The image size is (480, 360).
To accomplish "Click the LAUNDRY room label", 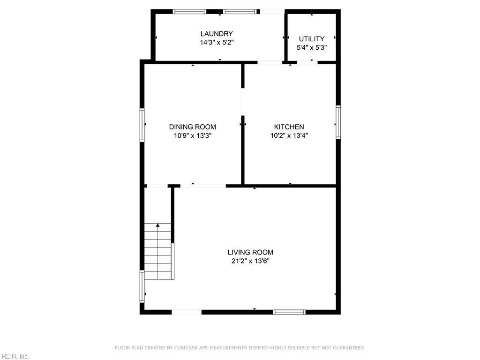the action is [x=217, y=34].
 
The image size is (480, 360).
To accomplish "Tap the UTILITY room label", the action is [x=312, y=39].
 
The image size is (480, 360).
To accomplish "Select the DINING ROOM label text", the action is [x=193, y=127].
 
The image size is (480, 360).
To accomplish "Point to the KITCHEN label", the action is [x=289, y=127].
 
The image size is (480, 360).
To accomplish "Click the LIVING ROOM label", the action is [x=250, y=252].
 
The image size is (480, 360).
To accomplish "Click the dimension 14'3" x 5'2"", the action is [x=217, y=43].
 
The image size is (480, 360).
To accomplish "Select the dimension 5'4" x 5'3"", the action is [x=312, y=48].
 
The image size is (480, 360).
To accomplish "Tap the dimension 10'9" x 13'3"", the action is [x=193, y=135].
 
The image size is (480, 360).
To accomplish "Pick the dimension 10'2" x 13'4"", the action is [x=289, y=135].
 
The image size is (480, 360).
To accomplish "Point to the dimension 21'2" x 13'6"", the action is [x=250, y=261].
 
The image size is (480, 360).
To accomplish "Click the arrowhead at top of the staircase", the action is [x=157, y=225].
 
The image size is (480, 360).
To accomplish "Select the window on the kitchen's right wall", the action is [x=338, y=122].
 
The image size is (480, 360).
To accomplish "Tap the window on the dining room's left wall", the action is [x=142, y=125].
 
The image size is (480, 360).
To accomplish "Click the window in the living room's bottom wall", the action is [x=289, y=312].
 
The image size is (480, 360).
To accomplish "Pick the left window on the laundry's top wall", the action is [x=189, y=12].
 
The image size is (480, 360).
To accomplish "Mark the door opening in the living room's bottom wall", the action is [x=187, y=312].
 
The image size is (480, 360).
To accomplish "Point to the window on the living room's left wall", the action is [x=142, y=286].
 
